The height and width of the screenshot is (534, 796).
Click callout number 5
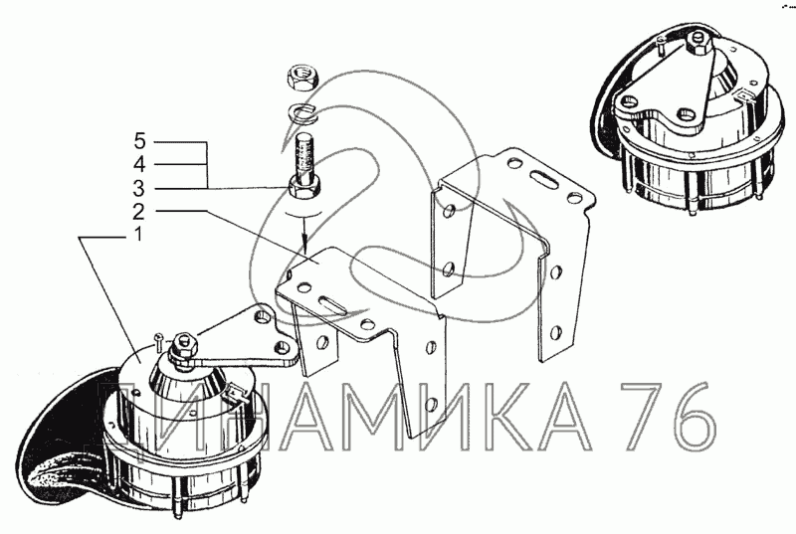click(139, 141)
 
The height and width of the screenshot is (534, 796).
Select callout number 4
click(139, 164)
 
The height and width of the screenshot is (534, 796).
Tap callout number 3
click(138, 188)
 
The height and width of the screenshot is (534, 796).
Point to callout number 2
click(138, 212)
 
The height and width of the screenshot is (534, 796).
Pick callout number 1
click(138, 235)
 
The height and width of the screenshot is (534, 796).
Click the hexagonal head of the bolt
click(304, 187)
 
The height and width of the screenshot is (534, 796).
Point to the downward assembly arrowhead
click(304, 245)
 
